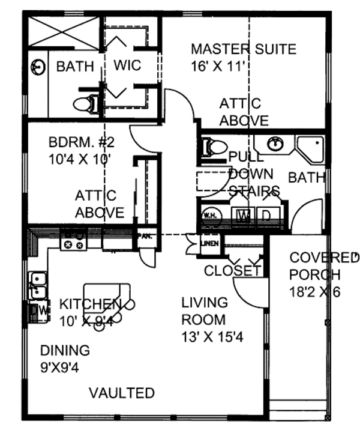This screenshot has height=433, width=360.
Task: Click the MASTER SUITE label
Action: click(243, 49)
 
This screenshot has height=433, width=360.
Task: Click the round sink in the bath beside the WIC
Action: click(39, 66)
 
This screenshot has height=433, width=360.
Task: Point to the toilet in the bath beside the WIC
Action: click(85, 104)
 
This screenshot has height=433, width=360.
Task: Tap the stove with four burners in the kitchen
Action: click(73, 243)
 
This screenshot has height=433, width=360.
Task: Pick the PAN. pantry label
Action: click(144, 236)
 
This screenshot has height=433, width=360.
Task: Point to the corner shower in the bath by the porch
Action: click(312, 148)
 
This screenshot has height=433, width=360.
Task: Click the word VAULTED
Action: click(122, 393)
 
